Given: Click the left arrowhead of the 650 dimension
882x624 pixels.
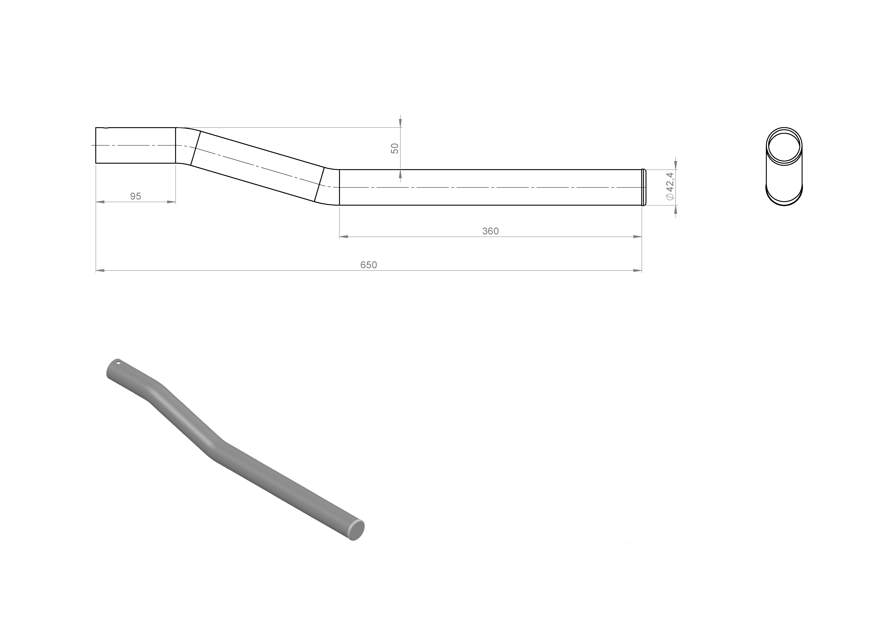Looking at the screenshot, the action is tap(100, 271).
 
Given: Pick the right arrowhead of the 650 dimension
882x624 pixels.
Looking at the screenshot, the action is tap(637, 271).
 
